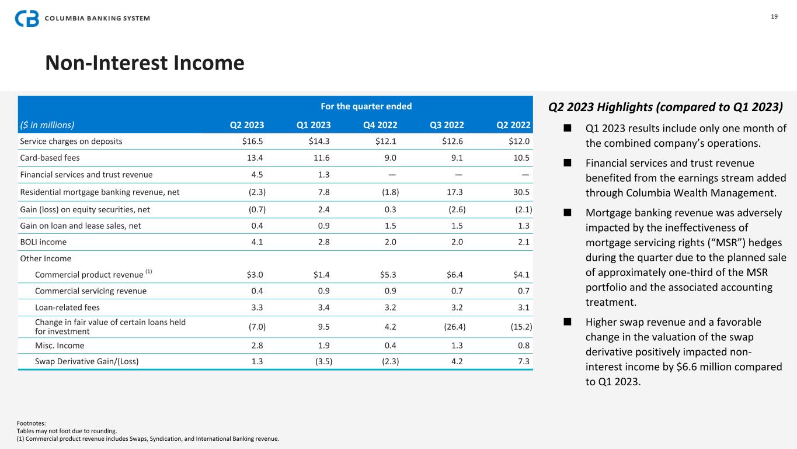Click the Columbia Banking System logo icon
pyautogui.click(x=27, y=18)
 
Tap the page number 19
pyautogui.click(x=774, y=16)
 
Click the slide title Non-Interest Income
pyautogui.click(x=145, y=63)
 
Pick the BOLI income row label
pyautogui.click(x=43, y=241)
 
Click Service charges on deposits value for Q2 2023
pyautogui.click(x=252, y=141)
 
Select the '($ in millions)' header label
pyautogui.click(x=47, y=125)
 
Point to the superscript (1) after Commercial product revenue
pyautogui.click(x=148, y=272)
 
